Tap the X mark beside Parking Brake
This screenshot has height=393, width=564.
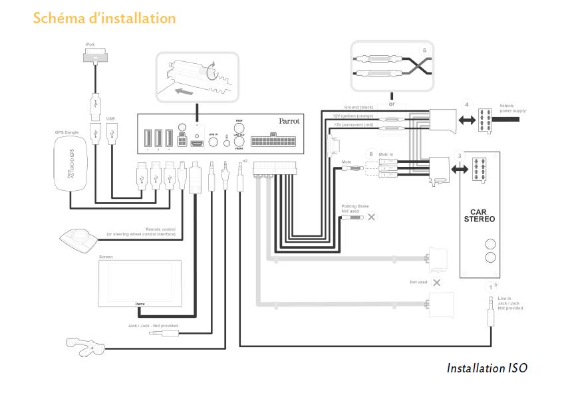click(x=371, y=217)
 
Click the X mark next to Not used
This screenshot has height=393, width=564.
click(x=436, y=283)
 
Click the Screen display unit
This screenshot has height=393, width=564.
click(x=140, y=282)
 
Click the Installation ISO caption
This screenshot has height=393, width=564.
click(x=487, y=368)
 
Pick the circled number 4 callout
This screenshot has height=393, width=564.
click(x=467, y=104)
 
